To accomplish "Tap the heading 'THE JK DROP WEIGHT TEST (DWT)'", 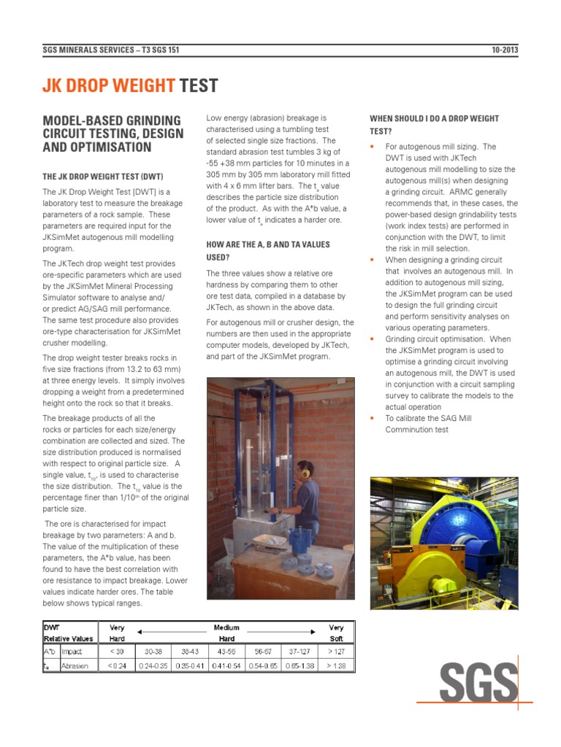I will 102,177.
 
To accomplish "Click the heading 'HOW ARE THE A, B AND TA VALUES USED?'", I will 268,250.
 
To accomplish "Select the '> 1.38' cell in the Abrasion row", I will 336,665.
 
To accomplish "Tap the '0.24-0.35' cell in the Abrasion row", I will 153,665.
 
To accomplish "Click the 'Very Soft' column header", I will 336,632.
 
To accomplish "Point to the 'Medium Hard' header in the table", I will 226,632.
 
